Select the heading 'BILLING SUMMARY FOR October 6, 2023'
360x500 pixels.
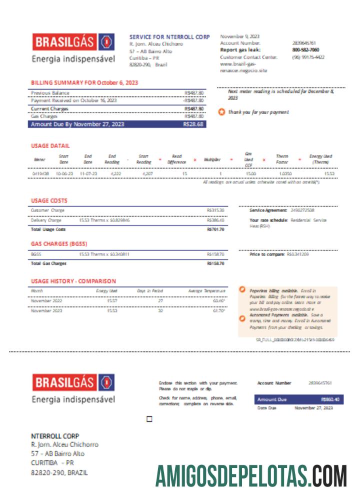[x=84, y=82]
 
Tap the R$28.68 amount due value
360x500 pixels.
[x=193, y=124]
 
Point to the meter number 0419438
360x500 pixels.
[x=40, y=173]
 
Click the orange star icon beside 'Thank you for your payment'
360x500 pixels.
[x=221, y=112]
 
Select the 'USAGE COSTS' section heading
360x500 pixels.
[x=49, y=201]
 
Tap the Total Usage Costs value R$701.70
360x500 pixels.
[x=215, y=229]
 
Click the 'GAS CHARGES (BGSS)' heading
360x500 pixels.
[x=59, y=244]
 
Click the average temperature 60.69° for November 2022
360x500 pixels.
[x=218, y=300]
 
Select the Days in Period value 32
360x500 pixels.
[x=161, y=310]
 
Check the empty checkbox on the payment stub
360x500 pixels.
[x=149, y=419]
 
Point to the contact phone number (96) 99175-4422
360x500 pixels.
[x=308, y=57]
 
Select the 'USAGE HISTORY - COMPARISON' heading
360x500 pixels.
[x=73, y=281]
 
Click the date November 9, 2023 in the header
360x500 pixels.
[x=240, y=36]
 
